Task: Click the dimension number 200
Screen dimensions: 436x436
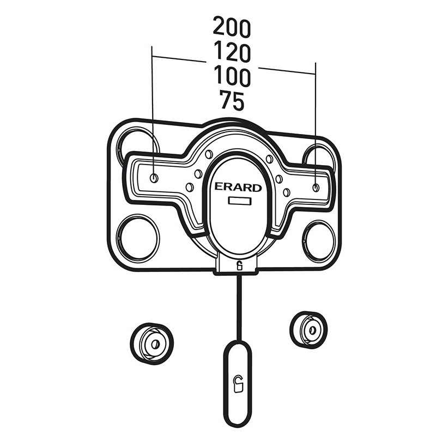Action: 232,27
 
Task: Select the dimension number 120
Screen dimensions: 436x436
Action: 232,52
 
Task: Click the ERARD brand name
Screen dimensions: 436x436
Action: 238,187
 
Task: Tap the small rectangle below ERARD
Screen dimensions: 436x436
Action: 240,201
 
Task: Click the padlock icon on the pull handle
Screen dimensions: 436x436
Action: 238,384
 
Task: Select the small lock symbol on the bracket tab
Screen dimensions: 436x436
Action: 239,266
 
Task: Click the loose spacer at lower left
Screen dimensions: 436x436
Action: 152,344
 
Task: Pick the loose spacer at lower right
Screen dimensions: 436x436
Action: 308,330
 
